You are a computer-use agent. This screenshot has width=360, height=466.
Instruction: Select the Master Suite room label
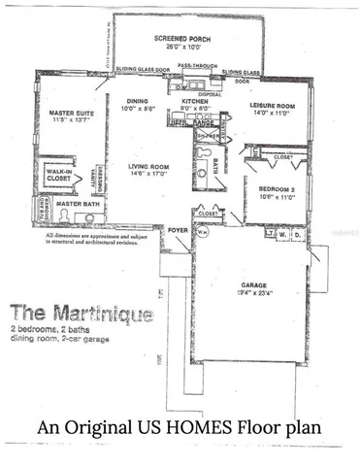point(69,114)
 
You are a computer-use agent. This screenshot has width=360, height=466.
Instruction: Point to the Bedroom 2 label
point(265,190)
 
